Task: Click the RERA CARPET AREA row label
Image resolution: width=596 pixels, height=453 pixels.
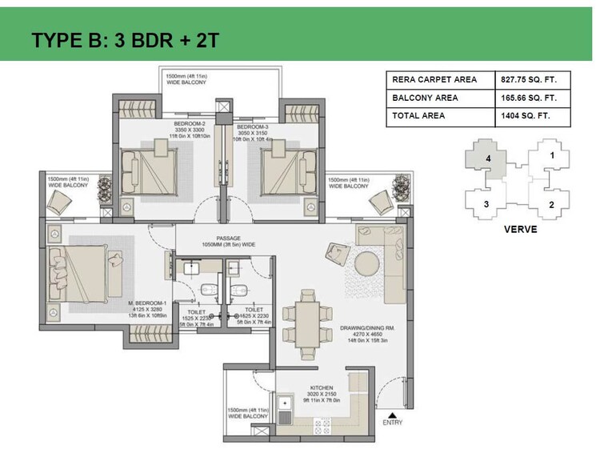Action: [434, 80]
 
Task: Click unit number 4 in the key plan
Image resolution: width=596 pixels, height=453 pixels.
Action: [487, 158]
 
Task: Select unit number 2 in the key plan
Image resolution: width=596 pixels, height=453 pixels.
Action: [550, 205]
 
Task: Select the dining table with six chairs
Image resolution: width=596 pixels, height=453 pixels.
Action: [307, 319]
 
